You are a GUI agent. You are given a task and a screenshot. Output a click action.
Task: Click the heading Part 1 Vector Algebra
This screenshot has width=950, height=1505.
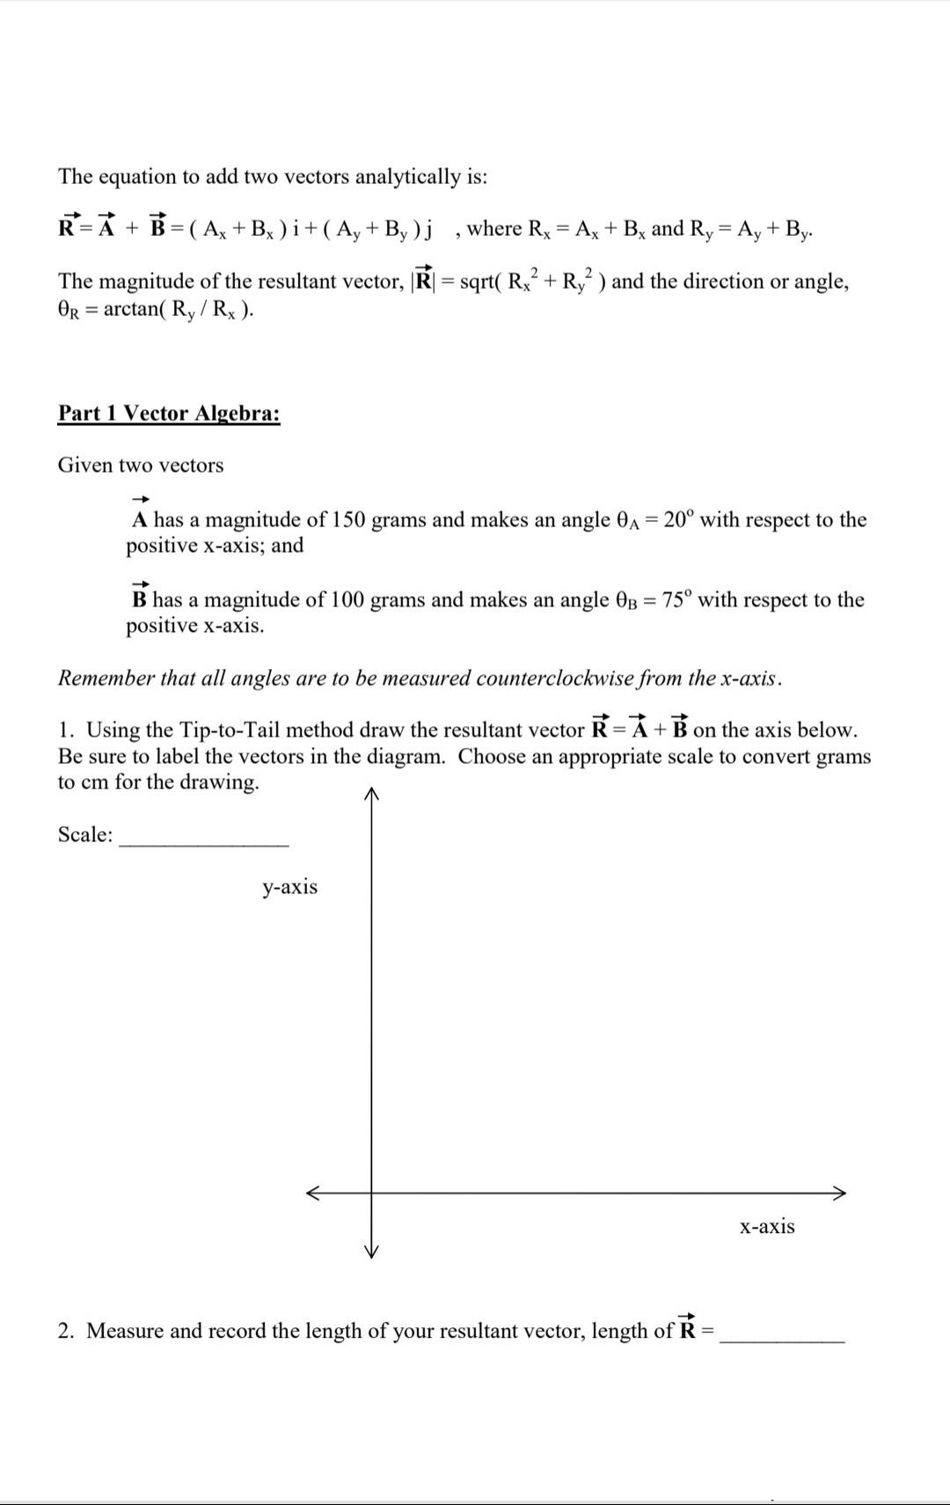(169, 414)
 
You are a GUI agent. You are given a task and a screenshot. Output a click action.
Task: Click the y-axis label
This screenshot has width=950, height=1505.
(289, 887)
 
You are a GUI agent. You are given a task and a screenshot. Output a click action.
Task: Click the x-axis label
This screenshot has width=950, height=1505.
(767, 1227)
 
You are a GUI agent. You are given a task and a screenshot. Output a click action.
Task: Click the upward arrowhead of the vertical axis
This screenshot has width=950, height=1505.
(371, 794)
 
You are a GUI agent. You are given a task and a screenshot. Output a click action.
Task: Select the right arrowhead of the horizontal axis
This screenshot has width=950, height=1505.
(839, 1193)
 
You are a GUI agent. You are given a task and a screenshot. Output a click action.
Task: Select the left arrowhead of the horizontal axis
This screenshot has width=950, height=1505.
(313, 1193)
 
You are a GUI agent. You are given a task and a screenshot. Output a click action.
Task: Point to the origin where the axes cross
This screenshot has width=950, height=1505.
(371, 1193)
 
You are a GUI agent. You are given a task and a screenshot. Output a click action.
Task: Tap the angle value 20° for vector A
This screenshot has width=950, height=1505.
(678, 519)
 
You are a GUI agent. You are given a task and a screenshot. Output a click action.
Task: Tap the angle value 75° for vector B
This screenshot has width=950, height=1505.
(676, 599)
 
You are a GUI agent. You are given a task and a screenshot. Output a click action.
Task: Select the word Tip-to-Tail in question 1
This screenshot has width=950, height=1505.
(230, 730)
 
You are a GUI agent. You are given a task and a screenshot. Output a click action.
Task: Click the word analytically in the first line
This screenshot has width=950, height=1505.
(406, 177)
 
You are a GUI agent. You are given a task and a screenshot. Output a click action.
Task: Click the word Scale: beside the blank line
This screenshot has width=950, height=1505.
(85, 834)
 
